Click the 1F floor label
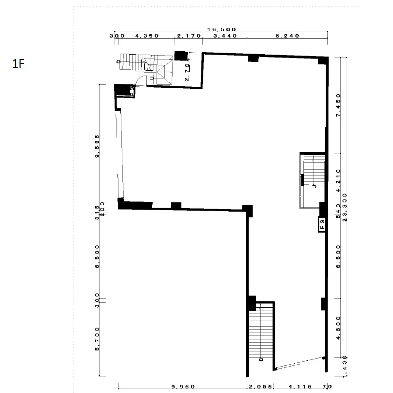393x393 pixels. tap(18, 64)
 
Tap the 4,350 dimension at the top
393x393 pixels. tap(145, 36)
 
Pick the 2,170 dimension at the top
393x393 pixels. tap(188, 36)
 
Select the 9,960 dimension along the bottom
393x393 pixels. tap(183, 387)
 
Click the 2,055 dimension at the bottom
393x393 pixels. tap(260, 387)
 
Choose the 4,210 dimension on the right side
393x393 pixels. tap(338, 181)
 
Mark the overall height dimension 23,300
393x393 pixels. tap(345, 208)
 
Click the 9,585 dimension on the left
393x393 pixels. tap(98, 147)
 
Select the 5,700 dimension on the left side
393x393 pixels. tap(98, 339)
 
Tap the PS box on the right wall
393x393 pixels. tap(322, 224)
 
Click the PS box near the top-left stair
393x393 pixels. tap(132, 90)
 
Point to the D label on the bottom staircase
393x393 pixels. tap(261, 359)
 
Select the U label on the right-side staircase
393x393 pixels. tap(315, 186)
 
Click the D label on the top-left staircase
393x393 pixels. tap(118, 61)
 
